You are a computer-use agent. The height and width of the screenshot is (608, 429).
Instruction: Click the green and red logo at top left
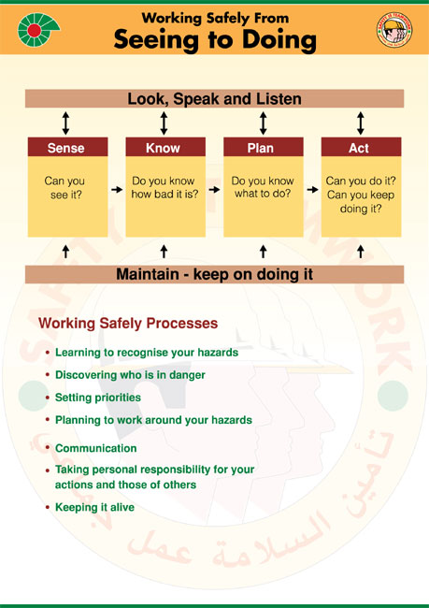[37, 30]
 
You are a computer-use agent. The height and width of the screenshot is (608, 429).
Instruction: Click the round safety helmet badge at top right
[394, 30]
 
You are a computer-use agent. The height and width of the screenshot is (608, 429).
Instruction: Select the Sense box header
[67, 148]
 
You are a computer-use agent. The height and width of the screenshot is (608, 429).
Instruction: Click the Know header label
[163, 148]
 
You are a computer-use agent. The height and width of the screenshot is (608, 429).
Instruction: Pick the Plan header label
[261, 148]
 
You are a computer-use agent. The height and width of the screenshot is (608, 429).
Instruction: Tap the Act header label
[359, 148]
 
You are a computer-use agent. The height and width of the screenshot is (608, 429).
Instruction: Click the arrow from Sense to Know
[117, 190]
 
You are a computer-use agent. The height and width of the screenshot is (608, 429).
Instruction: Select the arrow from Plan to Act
[312, 190]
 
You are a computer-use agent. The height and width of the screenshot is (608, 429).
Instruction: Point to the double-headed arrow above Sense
[65, 123]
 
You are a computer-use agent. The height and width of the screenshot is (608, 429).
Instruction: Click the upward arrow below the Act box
[361, 252]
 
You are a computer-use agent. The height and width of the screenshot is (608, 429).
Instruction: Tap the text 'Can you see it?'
[64, 188]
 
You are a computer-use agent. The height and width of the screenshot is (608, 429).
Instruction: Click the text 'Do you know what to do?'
[263, 187]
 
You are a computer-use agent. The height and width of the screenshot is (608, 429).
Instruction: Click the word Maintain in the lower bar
[148, 274]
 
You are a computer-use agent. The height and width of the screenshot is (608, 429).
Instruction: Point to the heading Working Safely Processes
[128, 323]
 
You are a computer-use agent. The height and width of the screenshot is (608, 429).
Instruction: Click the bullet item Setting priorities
[98, 398]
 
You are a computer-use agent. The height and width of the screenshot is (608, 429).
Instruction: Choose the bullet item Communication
[95, 448]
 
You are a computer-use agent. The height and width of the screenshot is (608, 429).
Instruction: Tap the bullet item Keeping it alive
[95, 507]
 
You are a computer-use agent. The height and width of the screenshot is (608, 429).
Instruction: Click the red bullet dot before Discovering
[48, 375]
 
